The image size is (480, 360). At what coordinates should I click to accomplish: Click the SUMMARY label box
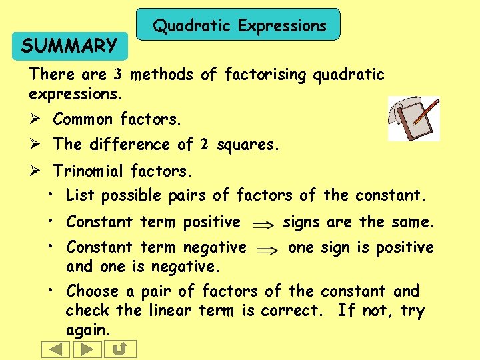[x=69, y=46]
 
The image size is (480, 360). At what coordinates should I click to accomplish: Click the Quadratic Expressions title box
[x=239, y=25]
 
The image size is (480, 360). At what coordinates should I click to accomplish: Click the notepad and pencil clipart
[x=414, y=118]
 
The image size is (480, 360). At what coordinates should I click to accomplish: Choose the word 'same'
[x=411, y=221]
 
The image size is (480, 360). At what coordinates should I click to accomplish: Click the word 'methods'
[x=161, y=75]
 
